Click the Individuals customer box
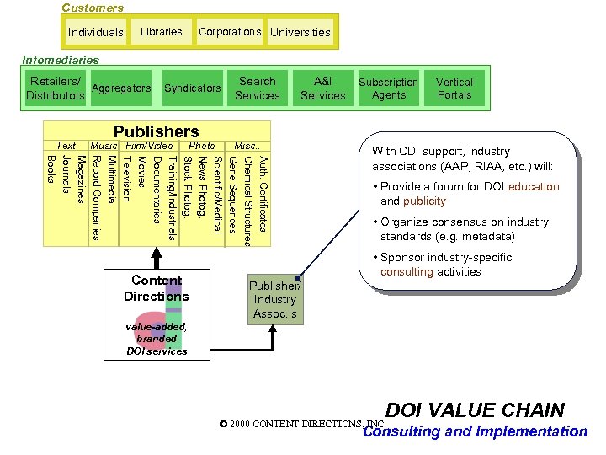click(x=96, y=33)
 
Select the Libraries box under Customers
click(x=161, y=32)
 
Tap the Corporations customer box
click(x=230, y=32)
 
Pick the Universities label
click(x=300, y=33)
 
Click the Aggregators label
click(x=121, y=88)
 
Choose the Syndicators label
click(x=193, y=88)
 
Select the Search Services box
click(x=258, y=88)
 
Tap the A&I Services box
click(x=322, y=88)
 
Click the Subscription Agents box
click(x=388, y=88)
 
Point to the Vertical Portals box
click(x=454, y=88)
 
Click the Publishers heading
click(x=157, y=131)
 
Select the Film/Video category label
click(x=149, y=146)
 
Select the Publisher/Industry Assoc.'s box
click(x=274, y=300)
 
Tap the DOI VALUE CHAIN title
click(x=475, y=410)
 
